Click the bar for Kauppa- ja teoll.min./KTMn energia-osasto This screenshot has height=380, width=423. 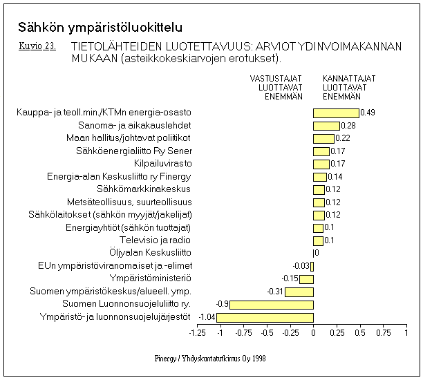pos(336,113)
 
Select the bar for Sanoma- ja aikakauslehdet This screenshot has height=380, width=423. pos(326,126)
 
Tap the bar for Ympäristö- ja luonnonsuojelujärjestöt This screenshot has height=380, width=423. pos(265,317)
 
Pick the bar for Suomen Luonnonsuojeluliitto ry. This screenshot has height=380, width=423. pos(272,304)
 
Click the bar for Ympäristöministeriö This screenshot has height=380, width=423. pos(306,278)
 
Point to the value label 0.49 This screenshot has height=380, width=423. pos(368,113)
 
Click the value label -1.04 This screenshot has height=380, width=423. pos(207,317)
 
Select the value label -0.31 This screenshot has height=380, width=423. pos(275,292)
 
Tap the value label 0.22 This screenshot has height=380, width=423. pos(343,138)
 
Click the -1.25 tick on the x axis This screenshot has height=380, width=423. pos(197,333)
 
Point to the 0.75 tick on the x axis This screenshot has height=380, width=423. pos(383,333)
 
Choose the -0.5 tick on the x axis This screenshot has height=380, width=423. pos(267,333)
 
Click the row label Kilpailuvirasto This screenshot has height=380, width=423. pos(163,164)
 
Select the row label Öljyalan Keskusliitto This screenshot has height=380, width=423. pos(151,253)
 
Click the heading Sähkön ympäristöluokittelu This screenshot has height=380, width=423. pos(100,28)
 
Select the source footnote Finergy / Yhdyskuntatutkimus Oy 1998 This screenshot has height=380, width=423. pos(210,359)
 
